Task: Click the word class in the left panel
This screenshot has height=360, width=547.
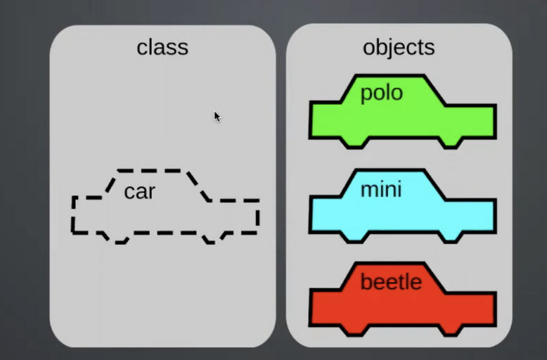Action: click(162, 48)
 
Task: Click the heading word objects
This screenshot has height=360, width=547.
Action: click(399, 47)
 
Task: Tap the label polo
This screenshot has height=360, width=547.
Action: click(381, 94)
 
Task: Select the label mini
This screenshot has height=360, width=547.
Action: click(381, 189)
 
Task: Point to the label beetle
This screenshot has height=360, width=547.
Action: click(391, 283)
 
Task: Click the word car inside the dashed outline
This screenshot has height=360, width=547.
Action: click(139, 191)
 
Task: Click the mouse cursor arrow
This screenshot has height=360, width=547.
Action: click(217, 115)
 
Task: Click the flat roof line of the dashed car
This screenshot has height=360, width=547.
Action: click(150, 171)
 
